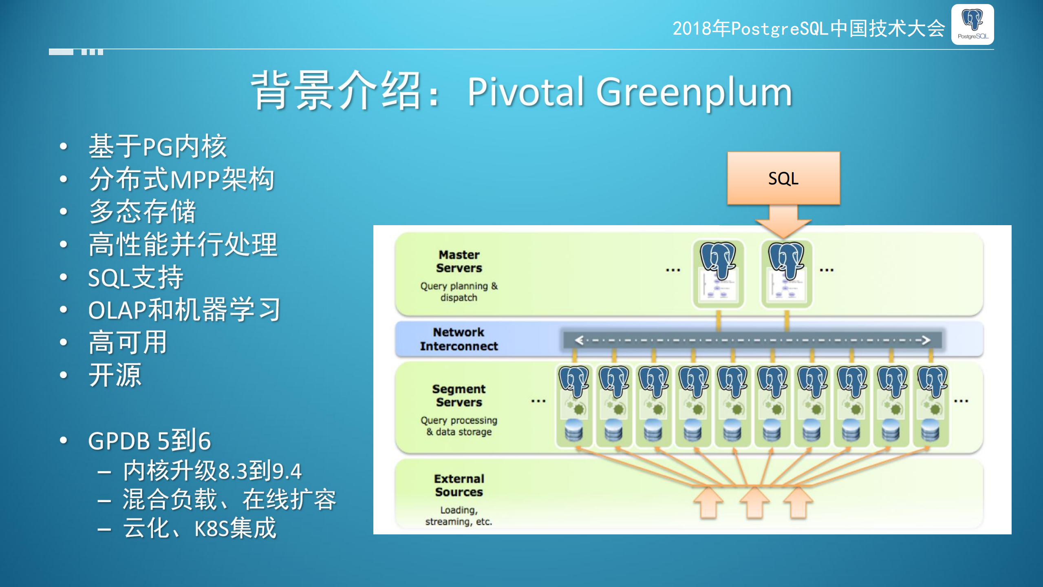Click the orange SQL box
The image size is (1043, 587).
coord(783,178)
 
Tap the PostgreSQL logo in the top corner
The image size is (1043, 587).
coord(972,24)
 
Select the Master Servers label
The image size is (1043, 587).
coord(459,261)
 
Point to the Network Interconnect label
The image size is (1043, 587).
coord(459,339)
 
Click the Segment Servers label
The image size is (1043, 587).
coord(459,395)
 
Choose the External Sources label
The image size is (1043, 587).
coord(459,485)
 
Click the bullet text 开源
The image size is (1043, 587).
coord(115,375)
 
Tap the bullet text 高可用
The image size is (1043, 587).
coord(128,342)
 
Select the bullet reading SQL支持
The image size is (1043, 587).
coord(136,277)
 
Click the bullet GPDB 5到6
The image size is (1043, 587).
coord(149,441)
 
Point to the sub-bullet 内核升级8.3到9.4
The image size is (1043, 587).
coord(212,471)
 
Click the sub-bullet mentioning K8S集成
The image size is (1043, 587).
coord(199,528)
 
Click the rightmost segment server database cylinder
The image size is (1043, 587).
coord(930,430)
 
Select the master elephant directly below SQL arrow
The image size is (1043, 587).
coord(786,261)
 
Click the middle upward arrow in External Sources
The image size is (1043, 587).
coord(754,503)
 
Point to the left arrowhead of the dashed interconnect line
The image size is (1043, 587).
coord(579,340)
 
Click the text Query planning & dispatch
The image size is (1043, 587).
coord(459,292)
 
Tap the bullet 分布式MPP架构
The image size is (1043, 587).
coord(181,179)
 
